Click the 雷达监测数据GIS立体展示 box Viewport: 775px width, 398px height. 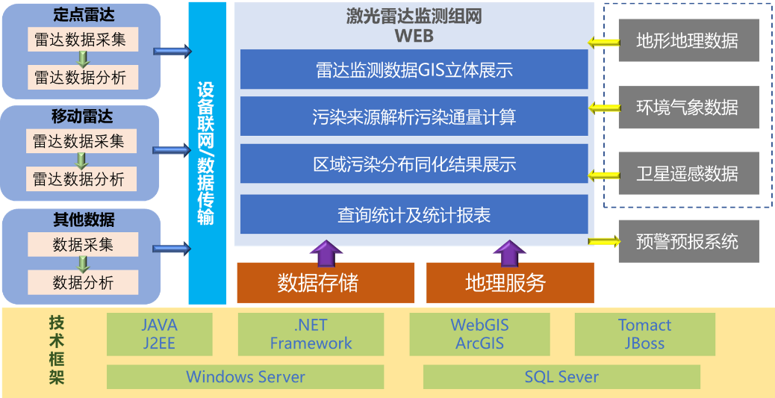(x=414, y=69)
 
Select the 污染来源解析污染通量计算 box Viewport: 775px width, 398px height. (x=414, y=116)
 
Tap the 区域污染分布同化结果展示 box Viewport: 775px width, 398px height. (x=414, y=164)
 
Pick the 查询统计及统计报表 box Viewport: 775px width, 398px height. (x=414, y=214)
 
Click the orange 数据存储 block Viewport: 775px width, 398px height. (x=326, y=283)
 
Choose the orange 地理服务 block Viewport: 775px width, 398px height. (x=510, y=283)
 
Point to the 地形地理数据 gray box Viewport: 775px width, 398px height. (x=689, y=40)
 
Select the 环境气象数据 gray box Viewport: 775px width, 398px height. (x=689, y=108)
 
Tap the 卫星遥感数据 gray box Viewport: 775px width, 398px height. (x=689, y=173)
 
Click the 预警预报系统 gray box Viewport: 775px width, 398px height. (x=689, y=242)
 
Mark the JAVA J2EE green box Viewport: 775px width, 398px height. (x=160, y=335)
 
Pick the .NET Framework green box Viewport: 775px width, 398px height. (x=311, y=335)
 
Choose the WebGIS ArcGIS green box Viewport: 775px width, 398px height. (x=479, y=335)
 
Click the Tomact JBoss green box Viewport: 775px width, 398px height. (x=645, y=335)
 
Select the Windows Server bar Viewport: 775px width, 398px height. (x=245, y=377)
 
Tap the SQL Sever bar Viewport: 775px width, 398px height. (x=562, y=377)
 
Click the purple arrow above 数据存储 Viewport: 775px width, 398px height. (x=326, y=252)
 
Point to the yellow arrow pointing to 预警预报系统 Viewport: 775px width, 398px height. (x=604, y=241)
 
